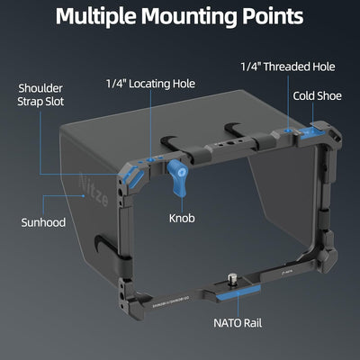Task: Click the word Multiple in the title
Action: point(95,16)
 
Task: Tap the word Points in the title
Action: point(273,15)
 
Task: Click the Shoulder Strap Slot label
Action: point(40,94)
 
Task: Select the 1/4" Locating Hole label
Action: point(150,84)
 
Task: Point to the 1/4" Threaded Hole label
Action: point(288,67)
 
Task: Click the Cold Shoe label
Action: point(317,96)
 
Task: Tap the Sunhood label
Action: point(43,222)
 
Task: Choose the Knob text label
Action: point(182,218)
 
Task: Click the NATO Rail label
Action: point(238,323)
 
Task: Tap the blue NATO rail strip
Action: point(238,292)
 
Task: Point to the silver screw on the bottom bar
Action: point(231,278)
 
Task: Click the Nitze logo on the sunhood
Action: point(94,189)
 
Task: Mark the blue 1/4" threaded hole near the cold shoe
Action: point(288,131)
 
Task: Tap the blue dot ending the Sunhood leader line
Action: point(84,196)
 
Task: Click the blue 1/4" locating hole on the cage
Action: point(150,161)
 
